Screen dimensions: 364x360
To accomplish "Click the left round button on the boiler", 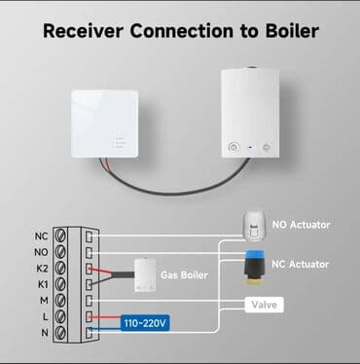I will [x=233, y=147].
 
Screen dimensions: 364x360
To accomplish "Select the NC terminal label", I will [x=40, y=236].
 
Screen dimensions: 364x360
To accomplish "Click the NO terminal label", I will [x=40, y=250].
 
